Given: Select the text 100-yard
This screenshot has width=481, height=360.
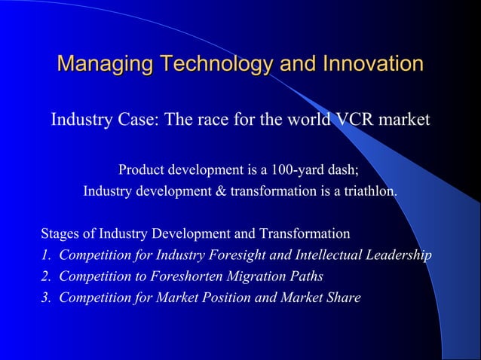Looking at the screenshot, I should [296, 169].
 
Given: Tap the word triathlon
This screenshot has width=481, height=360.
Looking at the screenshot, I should [368, 191].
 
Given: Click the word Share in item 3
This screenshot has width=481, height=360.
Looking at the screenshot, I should [344, 297].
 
